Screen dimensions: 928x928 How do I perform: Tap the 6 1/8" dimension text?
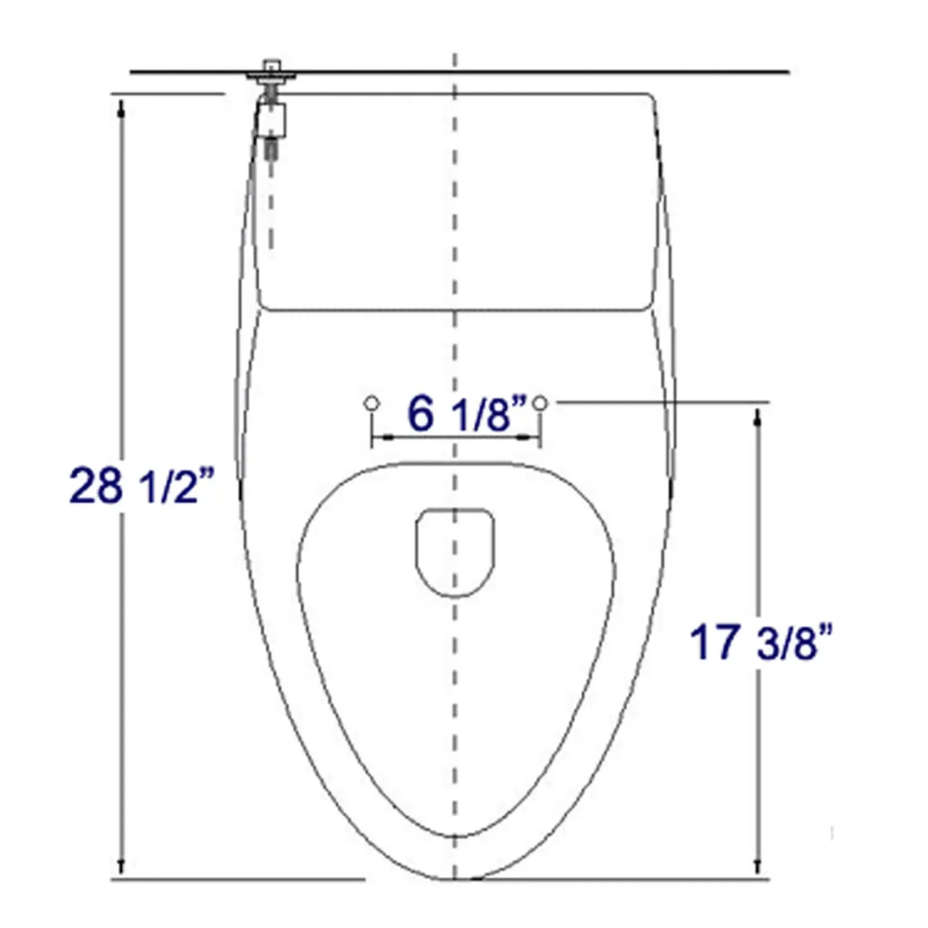tap(467, 415)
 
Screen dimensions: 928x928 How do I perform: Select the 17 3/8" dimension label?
tap(761, 643)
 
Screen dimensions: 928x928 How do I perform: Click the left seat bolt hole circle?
tap(371, 403)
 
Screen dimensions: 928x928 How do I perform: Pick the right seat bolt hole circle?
tap(540, 403)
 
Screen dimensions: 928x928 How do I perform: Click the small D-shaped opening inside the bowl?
tap(455, 552)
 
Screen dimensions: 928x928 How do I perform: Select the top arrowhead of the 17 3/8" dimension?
tap(758, 418)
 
